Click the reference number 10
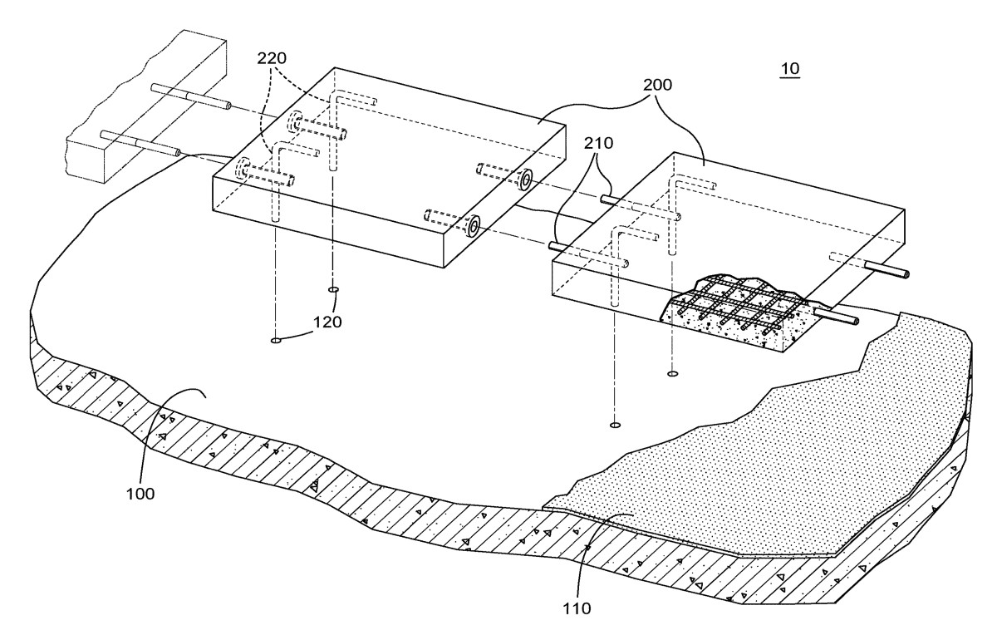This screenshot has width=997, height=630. click(x=790, y=68)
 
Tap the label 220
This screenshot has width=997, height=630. click(x=272, y=58)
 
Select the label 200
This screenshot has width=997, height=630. click(x=657, y=85)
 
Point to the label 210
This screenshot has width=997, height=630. click(x=599, y=143)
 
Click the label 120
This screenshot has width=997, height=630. click(x=327, y=322)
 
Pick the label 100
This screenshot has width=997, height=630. click(x=140, y=494)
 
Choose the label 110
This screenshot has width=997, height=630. click(x=577, y=608)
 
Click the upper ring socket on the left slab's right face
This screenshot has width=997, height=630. click(x=526, y=180)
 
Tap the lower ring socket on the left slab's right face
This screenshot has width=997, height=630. click(x=473, y=226)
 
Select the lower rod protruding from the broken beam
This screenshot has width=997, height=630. click(x=141, y=143)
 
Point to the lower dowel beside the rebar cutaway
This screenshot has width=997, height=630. click(x=835, y=315)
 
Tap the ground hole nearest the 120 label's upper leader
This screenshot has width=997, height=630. click(x=333, y=290)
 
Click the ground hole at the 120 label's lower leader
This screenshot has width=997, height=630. click(x=276, y=341)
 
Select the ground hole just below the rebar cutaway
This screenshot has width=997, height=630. click(x=672, y=373)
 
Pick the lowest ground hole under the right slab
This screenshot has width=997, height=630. click(x=615, y=426)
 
